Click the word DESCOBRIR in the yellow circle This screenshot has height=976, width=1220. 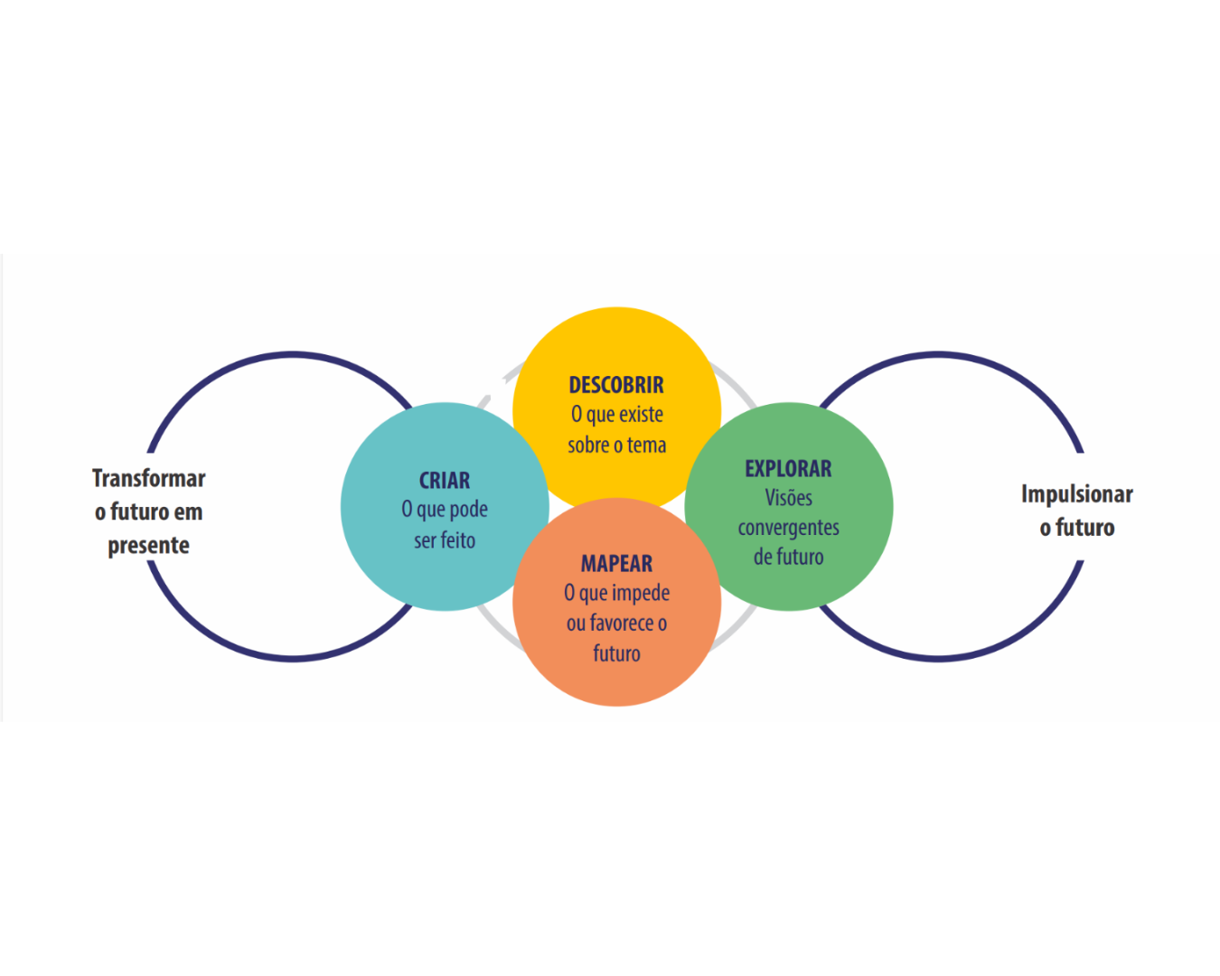click(616, 385)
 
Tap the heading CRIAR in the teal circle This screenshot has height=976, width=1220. click(445, 481)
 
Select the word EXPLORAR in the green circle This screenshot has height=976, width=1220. click(788, 469)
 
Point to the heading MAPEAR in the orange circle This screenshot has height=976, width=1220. click(616, 564)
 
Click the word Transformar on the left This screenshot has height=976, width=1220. click(149, 478)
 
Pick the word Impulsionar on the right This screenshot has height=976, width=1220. click(1076, 494)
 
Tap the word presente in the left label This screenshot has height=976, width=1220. click(149, 546)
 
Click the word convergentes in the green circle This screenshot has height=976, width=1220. click(788, 528)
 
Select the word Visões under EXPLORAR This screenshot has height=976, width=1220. click(788, 498)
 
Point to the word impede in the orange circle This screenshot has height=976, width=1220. click(642, 594)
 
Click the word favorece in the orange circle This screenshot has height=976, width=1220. click(622, 624)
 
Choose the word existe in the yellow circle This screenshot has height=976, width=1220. click(641, 415)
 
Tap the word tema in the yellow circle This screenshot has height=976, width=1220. click(646, 446)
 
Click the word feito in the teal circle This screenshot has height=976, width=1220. click(457, 540)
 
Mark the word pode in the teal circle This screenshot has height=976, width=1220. click(468, 510)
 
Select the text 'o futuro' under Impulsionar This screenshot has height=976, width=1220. click(1076, 528)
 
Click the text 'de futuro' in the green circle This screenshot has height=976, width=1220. click(788, 558)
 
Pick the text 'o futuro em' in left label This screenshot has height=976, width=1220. click(149, 512)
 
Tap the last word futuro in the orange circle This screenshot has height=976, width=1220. click(616, 653)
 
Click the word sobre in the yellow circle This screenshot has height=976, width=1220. click(587, 446)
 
